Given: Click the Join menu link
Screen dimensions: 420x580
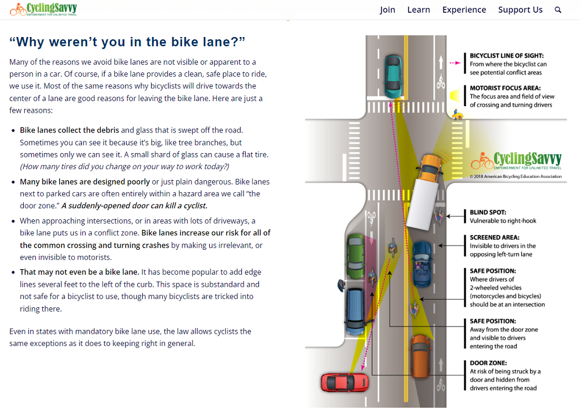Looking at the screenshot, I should point(387,10).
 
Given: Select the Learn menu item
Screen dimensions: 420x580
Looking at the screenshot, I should point(418,10).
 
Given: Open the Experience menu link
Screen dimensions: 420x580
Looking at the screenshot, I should point(464,10).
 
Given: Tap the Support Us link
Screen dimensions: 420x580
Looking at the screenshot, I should point(520,10).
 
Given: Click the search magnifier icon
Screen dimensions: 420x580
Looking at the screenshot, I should point(558,10).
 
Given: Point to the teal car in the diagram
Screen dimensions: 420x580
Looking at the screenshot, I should point(393,75).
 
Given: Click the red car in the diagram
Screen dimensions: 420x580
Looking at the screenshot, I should point(344,382).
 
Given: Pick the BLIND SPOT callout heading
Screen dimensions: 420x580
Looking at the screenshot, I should point(488,212).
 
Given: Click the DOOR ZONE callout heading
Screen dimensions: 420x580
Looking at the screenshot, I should point(487,363).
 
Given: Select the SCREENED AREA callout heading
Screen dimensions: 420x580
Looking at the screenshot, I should point(495,238).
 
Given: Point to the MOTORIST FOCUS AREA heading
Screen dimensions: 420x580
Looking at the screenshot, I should point(505,88).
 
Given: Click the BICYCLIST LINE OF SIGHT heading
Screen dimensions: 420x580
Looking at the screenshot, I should point(507,56).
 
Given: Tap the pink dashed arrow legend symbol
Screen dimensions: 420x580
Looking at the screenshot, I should point(455,63).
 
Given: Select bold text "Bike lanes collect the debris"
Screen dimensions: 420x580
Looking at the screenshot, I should point(70,130).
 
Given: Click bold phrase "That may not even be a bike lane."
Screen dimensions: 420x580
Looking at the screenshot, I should point(80,272).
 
